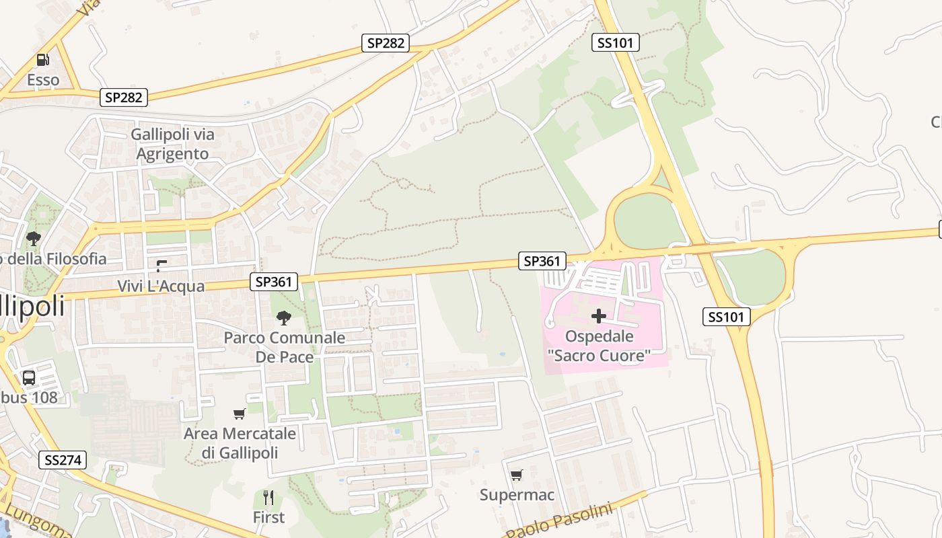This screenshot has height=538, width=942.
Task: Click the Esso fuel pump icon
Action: [x=42, y=60]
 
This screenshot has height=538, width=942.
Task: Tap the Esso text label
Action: [x=43, y=80]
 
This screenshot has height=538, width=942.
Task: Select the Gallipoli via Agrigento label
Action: [x=172, y=144]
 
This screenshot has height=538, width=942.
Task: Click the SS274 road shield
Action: [x=63, y=460]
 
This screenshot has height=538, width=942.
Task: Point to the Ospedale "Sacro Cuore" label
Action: [x=599, y=346]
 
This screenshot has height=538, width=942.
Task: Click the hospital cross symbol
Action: [x=598, y=316]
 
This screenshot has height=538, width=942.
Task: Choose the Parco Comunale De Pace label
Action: [x=284, y=347]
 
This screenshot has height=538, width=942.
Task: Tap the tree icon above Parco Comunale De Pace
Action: [x=284, y=317]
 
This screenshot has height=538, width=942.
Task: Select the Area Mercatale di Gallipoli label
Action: [x=240, y=443]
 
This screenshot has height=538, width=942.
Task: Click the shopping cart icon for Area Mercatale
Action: [x=239, y=414]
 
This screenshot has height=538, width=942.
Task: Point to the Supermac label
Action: [x=517, y=496]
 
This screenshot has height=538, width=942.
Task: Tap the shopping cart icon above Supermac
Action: [x=516, y=475]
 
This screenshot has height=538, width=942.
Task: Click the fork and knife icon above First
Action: [x=268, y=498]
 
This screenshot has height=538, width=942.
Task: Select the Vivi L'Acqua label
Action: [x=161, y=286]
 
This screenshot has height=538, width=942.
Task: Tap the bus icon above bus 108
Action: [x=29, y=377]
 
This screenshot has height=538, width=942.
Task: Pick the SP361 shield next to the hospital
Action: [x=542, y=261]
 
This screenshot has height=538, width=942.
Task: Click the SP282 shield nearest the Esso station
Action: [x=124, y=98]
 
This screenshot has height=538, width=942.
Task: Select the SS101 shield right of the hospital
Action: [x=727, y=317]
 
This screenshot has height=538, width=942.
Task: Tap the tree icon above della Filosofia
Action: [x=33, y=238]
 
